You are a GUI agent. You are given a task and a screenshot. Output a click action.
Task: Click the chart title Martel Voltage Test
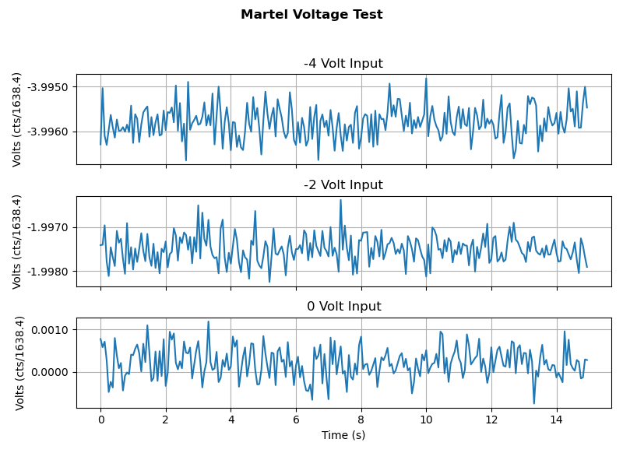click(311, 15)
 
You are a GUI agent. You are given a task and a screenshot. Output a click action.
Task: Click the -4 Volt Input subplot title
click(343, 64)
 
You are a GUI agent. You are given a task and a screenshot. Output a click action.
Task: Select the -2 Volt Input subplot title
click(343, 185)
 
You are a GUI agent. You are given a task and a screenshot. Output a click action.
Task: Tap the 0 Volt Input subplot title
click(343, 307)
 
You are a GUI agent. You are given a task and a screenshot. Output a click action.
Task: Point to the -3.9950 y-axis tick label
click(48, 86)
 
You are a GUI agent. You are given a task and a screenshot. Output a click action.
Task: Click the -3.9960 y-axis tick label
click(48, 132)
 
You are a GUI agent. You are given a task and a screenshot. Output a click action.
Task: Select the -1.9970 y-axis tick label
click(48, 227)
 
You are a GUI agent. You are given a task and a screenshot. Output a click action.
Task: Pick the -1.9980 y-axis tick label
click(48, 272)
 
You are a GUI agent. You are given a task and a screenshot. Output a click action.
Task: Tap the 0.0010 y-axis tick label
click(51, 330)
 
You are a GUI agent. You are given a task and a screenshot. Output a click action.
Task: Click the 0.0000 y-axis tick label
click(51, 372)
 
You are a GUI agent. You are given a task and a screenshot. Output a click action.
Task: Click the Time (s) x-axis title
click(343, 435)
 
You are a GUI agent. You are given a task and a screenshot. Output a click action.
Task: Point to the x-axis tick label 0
click(100, 420)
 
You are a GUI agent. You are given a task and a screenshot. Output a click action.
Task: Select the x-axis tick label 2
click(165, 420)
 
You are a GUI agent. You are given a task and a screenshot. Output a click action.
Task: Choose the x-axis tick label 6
click(296, 420)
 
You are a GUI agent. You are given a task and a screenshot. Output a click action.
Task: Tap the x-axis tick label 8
click(361, 420)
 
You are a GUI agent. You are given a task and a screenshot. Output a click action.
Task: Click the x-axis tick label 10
click(426, 420)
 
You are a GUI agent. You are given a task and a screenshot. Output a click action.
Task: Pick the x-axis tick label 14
click(556, 420)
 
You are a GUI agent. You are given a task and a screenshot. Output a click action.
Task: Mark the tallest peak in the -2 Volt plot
click(340, 200)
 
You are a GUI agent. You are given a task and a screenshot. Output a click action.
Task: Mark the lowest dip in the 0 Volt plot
click(534, 403)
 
